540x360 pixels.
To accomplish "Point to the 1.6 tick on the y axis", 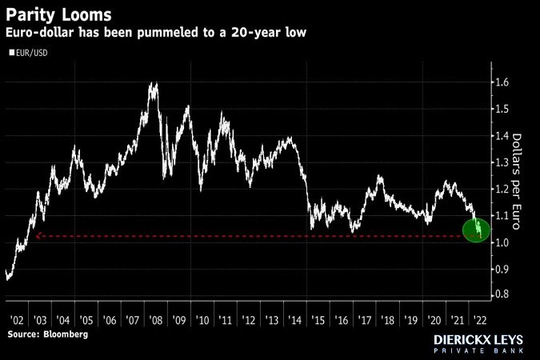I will click(x=501, y=82).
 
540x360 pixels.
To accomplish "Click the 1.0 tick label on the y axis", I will click(x=501, y=242).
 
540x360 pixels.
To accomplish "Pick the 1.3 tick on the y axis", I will click(x=501, y=162).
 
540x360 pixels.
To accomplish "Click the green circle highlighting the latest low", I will click(x=477, y=230).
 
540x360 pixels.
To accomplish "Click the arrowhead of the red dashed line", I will click(x=37, y=236).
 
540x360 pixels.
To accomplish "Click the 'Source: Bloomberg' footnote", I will click(x=48, y=334).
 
